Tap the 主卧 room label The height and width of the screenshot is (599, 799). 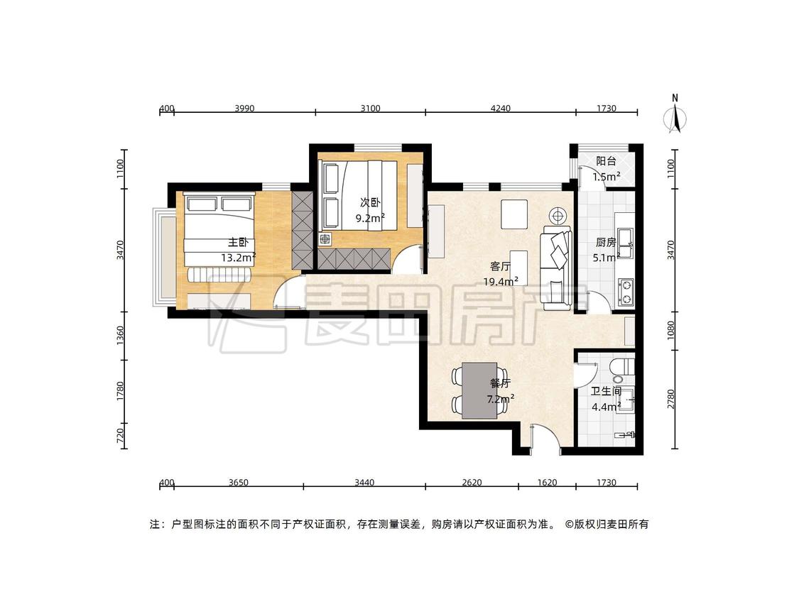point(237,243)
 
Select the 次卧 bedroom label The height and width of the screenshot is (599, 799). point(370,203)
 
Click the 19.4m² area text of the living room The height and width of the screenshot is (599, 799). point(501,281)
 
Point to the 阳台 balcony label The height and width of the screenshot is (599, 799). point(606,162)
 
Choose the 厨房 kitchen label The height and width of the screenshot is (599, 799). point(605,243)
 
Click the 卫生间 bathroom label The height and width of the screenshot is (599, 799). point(606,391)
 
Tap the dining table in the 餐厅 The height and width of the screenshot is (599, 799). point(479,390)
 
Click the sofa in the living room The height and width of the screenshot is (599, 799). point(556,268)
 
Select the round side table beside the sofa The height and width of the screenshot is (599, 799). point(558,216)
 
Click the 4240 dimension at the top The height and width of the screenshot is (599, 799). point(501,108)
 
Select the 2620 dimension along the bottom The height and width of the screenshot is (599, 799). point(472,483)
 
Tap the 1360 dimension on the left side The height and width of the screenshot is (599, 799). point(120,336)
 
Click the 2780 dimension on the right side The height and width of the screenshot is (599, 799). point(670,399)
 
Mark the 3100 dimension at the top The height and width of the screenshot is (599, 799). point(371,108)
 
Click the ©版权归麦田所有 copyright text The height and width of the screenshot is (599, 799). point(607,524)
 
